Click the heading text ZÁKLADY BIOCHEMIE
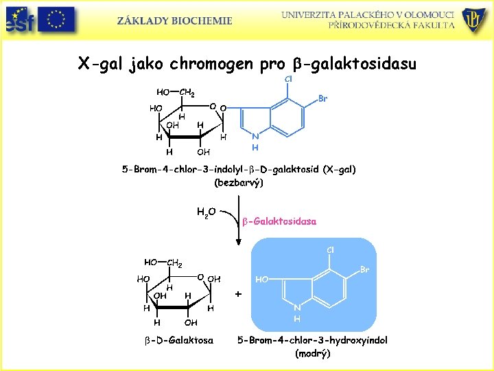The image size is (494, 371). pos(174,21)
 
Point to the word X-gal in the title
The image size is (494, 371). pos(100,64)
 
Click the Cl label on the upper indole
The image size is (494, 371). pos(288,79)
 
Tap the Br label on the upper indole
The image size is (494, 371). pos(323,99)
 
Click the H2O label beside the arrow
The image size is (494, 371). pos(206,212)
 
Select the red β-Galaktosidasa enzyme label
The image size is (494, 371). pos(279,221)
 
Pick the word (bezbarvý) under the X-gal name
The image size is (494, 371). pos(239,183)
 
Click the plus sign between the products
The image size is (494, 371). pos(238,293)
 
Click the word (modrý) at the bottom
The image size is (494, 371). pos(312,354)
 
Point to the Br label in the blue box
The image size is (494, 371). pos(364,270)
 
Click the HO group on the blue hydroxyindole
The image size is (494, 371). pos(262,280)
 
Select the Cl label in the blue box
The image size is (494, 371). pos(330,249)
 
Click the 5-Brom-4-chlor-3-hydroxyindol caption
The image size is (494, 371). pos(312,340)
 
